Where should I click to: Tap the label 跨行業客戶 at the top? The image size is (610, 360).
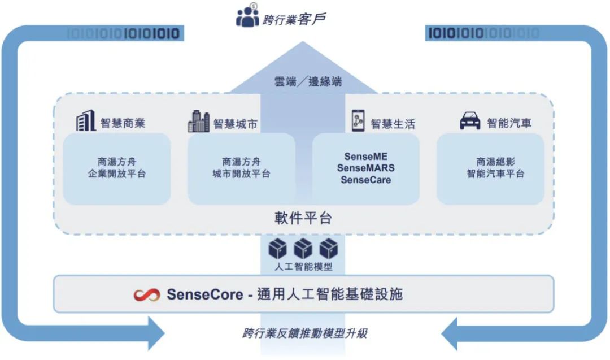pos(294,19)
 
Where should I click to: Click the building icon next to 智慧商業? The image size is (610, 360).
pos(86,121)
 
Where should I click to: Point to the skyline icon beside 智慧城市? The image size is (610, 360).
pos(198,121)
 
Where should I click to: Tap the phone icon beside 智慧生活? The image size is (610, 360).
pos(358,121)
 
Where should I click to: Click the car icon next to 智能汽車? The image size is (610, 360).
pos(470,122)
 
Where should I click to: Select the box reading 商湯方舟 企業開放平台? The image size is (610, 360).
pos(117,168)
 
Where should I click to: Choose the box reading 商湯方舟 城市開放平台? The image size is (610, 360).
pos(241,168)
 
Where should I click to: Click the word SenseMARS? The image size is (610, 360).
pos(366,168)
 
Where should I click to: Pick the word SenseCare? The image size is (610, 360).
pos(366,180)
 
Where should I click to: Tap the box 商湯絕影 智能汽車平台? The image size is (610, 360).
pos(490,168)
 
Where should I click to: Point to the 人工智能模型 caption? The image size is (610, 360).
pos(303,266)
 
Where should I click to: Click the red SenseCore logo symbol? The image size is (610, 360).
pos(147,294)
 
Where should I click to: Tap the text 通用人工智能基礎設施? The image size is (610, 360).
pos(330,294)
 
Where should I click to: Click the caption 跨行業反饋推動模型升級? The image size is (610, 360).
pos(305,333)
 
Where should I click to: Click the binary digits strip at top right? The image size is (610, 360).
pos(483,33)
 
